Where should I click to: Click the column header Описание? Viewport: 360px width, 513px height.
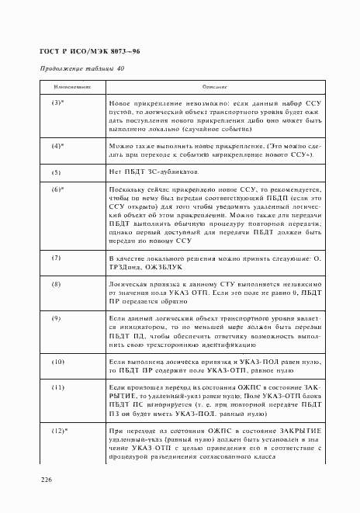(x=213, y=88)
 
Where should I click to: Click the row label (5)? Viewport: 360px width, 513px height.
(x=56, y=171)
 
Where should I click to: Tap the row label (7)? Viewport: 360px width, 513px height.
(x=56, y=256)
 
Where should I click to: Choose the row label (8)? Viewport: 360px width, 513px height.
(x=56, y=284)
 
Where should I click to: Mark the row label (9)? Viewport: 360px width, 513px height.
(x=56, y=318)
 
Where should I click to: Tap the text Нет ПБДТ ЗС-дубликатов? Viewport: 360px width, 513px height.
(x=159, y=171)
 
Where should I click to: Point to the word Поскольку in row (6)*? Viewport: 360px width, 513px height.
(x=129, y=189)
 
